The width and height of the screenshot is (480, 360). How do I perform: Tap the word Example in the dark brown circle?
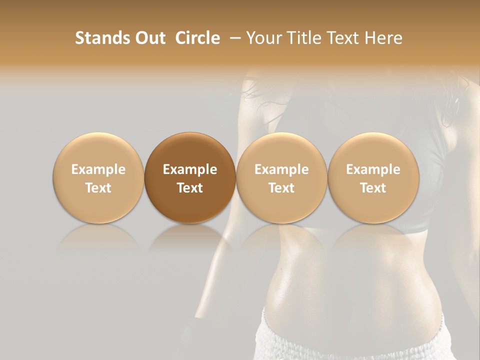pyautogui.click(x=190, y=169)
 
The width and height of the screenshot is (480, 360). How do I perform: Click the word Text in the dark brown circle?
pyautogui.click(x=190, y=188)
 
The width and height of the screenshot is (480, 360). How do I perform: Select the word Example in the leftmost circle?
pyautogui.click(x=98, y=169)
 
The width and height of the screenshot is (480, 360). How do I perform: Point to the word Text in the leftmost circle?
pyautogui.click(x=98, y=188)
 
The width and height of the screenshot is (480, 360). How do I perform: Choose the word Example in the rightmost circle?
pyautogui.click(x=373, y=169)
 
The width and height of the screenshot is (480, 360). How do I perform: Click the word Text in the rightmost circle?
pyautogui.click(x=373, y=188)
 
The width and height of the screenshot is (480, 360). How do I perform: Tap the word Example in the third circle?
pyautogui.click(x=281, y=169)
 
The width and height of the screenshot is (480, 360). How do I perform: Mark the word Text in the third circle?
pyautogui.click(x=281, y=188)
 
